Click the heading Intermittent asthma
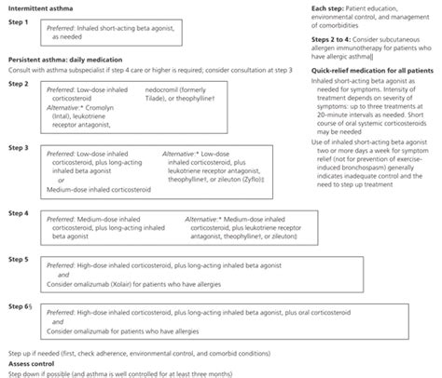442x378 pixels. (x=39, y=7)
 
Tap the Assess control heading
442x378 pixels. (x=32, y=363)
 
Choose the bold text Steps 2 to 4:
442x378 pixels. (x=332, y=39)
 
